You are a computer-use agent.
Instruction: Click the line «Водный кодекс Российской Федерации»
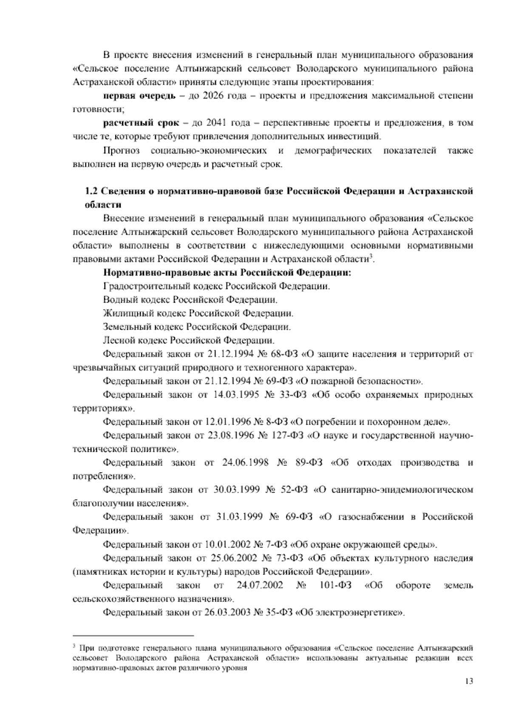190,300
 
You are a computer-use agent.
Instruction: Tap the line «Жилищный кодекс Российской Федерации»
198,314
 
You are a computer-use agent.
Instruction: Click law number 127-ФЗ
286,436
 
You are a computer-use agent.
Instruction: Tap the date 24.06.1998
245,463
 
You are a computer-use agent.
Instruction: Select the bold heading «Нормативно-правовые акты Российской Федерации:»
228,273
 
